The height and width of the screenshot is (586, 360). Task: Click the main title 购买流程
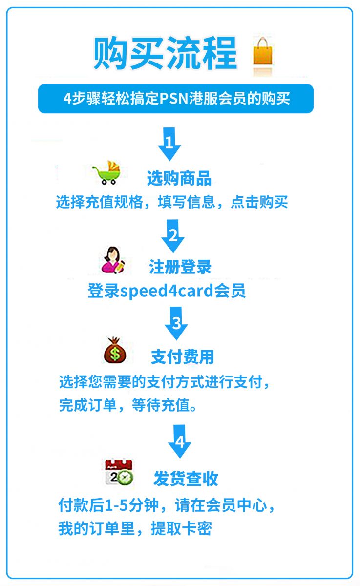point(166,53)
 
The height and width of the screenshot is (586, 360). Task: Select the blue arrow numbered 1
point(169,144)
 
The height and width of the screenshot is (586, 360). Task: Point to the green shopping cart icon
point(107,172)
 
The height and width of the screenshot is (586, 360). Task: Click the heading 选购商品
point(179,178)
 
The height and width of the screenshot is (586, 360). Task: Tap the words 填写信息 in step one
point(187,202)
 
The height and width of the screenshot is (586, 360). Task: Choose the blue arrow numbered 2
point(173,236)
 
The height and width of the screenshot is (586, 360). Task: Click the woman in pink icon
point(113,260)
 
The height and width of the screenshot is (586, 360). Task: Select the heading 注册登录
point(180,267)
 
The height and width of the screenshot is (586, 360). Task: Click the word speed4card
point(167,291)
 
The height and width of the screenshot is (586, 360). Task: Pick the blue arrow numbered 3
point(176,323)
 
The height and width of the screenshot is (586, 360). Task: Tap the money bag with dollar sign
point(115,350)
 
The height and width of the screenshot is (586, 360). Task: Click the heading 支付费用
point(182,357)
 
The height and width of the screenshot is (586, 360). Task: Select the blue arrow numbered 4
point(179,441)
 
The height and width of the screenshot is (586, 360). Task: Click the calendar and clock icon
point(119,473)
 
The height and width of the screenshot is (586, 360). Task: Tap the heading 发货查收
point(186,479)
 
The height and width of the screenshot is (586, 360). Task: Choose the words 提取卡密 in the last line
point(181,528)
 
